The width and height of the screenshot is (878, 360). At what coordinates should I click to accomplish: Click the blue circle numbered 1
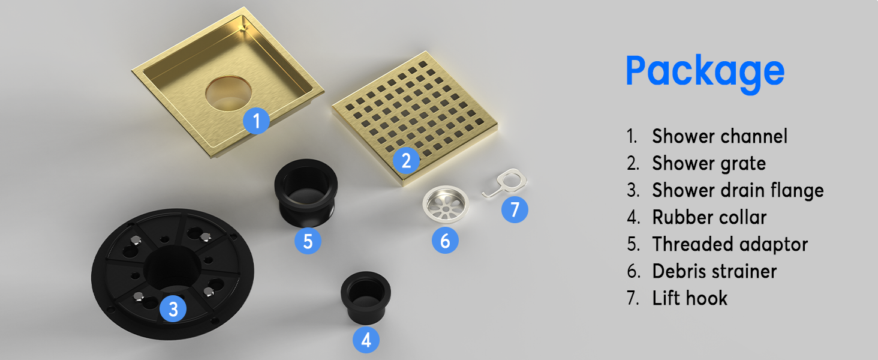coord(256,121)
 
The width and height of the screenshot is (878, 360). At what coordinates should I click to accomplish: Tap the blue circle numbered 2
coord(407,160)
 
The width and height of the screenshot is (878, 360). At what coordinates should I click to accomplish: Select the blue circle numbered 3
coord(173,308)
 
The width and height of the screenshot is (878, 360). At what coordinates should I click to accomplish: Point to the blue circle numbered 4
coord(366,340)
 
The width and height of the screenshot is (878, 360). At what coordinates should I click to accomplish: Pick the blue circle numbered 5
coord(308,241)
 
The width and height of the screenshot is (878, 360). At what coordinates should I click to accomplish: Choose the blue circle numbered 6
coord(445,241)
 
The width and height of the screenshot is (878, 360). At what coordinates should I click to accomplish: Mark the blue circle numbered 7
coord(515,209)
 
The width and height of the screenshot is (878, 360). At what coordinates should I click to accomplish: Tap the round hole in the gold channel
coord(228,93)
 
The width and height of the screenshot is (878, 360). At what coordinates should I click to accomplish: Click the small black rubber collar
coord(366,297)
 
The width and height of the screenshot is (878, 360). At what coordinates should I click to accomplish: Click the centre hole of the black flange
coord(172,267)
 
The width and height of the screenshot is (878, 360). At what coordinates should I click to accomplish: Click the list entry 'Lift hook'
coord(690,298)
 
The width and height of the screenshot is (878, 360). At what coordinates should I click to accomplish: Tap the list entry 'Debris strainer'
coord(714,271)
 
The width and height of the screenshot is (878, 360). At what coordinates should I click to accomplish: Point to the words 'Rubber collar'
coord(709,217)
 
